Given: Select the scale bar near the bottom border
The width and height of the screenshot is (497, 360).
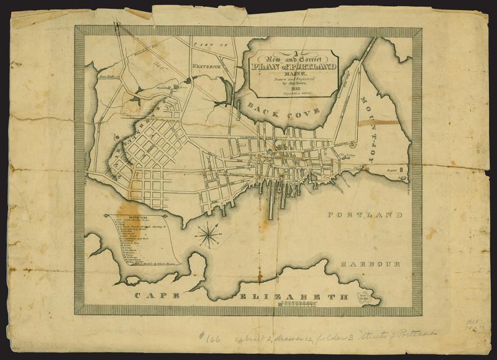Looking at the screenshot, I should pyautogui.click(x=303, y=303).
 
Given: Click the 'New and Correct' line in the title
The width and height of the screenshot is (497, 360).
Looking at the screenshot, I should pyautogui.click(x=291, y=57).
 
